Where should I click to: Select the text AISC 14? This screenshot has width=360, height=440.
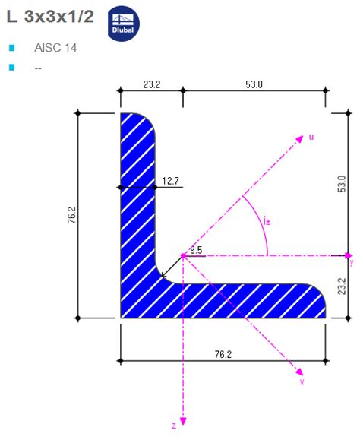[55, 48]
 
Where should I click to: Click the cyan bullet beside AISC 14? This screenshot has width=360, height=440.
[11, 48]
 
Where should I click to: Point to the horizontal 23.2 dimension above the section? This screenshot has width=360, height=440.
[151, 84]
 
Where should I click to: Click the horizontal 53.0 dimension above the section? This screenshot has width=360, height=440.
[254, 84]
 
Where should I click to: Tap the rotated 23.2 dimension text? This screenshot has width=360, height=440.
[341, 286]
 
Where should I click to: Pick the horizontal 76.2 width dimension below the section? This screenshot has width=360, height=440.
[223, 354]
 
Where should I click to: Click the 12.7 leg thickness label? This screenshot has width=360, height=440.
[171, 181]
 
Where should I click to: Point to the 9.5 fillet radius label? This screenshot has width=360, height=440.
[196, 250]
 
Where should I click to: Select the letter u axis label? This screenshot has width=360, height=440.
[311, 137]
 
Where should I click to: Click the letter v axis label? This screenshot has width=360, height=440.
[302, 382]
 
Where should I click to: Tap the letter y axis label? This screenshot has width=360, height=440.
[351, 263]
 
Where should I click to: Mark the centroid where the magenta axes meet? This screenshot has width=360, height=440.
[182, 255]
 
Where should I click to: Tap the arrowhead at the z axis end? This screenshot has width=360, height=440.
[182, 420]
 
